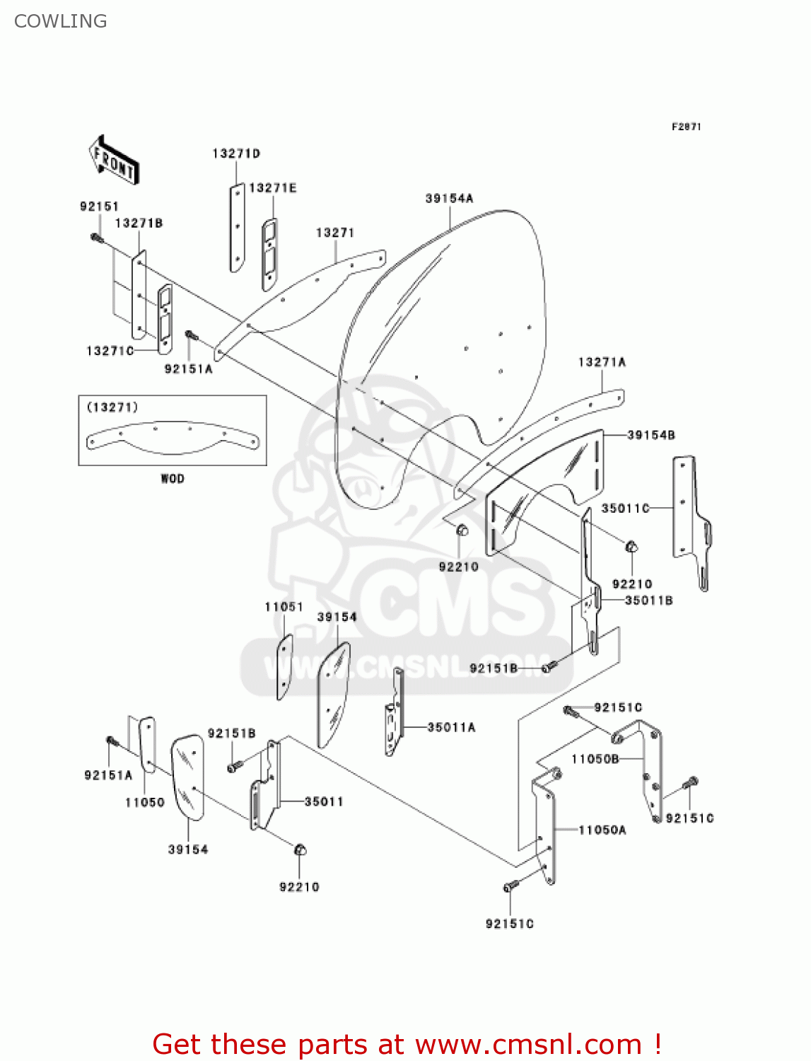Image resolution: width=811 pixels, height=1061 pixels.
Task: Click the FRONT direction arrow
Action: (x=114, y=161)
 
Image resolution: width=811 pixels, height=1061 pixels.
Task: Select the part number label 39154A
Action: (x=449, y=199)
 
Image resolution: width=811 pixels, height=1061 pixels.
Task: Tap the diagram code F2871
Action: (x=686, y=127)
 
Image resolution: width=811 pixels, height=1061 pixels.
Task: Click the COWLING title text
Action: (x=61, y=21)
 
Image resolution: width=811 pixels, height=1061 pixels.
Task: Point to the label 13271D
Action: (x=236, y=153)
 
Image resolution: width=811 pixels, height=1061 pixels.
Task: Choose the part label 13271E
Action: (x=272, y=188)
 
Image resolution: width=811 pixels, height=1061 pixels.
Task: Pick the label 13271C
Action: (x=110, y=351)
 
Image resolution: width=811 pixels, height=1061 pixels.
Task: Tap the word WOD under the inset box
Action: (x=173, y=479)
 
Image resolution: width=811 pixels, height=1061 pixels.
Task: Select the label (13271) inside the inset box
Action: (x=112, y=407)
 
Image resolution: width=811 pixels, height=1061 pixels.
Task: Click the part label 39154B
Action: (x=651, y=435)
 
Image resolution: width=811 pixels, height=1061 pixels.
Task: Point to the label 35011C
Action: (x=625, y=508)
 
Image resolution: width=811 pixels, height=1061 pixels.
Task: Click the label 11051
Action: (x=284, y=607)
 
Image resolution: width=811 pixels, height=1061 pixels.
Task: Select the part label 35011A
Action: (x=451, y=727)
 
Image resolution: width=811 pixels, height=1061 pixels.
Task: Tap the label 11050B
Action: (x=595, y=759)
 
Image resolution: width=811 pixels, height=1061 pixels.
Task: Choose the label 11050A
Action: (x=602, y=830)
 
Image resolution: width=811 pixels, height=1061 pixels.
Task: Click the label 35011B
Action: (x=648, y=601)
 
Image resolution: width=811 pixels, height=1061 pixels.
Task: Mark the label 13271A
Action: (x=602, y=362)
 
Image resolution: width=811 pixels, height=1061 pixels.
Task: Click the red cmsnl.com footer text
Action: (x=407, y=1044)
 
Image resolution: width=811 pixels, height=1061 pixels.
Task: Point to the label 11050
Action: (x=145, y=802)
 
